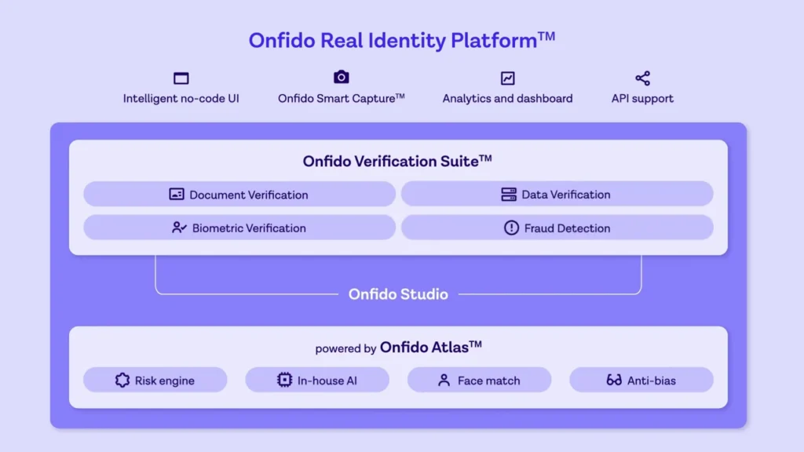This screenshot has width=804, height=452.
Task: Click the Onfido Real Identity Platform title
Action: coord(401,41)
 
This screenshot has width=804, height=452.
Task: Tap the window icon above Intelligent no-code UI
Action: coord(181,78)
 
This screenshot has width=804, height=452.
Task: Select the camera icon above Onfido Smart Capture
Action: coord(341,77)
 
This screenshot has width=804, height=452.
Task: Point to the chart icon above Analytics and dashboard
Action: coord(508,78)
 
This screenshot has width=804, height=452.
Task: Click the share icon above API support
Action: coord(642,78)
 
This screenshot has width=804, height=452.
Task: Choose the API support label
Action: coord(642,99)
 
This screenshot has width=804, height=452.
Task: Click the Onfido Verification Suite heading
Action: coord(397,161)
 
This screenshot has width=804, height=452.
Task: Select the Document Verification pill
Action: coord(239,195)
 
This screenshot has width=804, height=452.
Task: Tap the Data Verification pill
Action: coord(557,195)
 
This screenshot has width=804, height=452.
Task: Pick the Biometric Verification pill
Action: coord(239,228)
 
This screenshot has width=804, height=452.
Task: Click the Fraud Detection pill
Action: coord(557,228)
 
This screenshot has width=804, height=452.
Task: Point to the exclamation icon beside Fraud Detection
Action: coord(511,228)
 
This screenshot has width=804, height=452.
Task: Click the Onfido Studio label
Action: coord(398,294)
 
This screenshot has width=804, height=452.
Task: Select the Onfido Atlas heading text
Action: coord(430,347)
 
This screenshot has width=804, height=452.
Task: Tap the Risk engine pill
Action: coord(155,381)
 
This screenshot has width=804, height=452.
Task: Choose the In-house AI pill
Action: coord(317,381)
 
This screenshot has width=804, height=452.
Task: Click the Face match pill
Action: coord(479,381)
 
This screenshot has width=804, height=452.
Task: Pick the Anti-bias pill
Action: coord(641,381)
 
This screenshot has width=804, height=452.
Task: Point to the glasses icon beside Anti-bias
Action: coord(614,381)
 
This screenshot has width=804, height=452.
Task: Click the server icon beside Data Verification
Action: coord(509,195)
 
